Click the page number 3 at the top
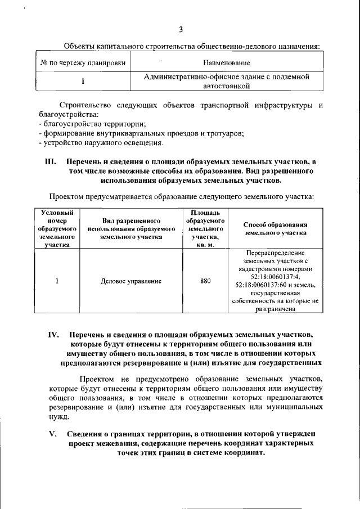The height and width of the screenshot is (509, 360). [181, 30]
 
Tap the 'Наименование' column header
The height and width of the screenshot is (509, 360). [227, 62]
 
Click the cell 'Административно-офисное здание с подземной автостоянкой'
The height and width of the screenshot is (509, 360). [226, 81]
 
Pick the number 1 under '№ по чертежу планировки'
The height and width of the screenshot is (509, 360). [83, 81]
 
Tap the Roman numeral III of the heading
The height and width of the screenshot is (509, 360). [50, 162]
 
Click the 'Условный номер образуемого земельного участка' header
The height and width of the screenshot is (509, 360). [57, 229]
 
